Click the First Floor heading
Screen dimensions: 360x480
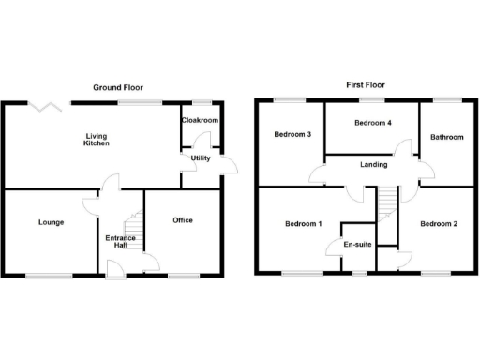[365, 84]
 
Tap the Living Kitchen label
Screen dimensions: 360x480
[97, 139]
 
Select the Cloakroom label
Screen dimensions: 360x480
[201, 121]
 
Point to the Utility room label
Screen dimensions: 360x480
[201, 157]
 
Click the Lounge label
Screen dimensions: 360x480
[51, 222]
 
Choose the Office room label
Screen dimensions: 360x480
[182, 220]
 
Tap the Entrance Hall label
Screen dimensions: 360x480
[120, 243]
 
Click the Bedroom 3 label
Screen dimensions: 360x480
[292, 134]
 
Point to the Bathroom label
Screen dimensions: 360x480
[446, 137]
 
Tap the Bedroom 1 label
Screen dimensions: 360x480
[302, 224]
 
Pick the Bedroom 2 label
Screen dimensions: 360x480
[439, 224]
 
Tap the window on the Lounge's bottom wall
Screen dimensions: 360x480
[49, 276]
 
